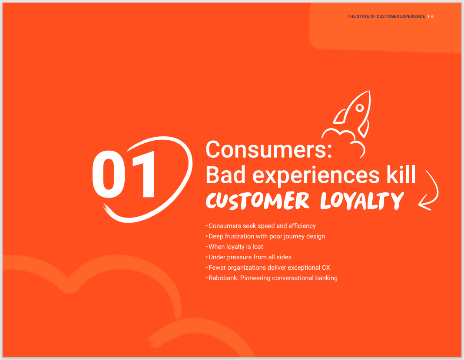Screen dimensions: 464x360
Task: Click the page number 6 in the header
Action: tap(432, 17)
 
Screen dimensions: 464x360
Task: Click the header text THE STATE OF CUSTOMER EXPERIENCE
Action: tap(386, 17)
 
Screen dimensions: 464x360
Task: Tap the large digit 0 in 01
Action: tap(109, 174)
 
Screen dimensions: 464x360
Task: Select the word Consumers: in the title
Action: tap(268, 149)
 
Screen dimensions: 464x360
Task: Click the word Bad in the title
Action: tap(225, 175)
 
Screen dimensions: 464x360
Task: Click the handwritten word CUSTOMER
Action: tap(258, 201)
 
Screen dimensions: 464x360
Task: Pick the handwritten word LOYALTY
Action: tap(362, 201)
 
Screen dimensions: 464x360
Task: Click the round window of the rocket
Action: tap(360, 108)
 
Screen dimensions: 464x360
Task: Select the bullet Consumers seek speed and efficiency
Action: tap(262, 226)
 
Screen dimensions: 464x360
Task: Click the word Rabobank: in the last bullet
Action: tap(223, 278)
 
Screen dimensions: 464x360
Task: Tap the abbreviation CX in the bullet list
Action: tap(326, 268)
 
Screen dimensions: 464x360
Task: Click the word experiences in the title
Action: tap(316, 175)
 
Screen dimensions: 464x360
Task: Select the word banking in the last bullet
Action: tap(326, 278)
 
